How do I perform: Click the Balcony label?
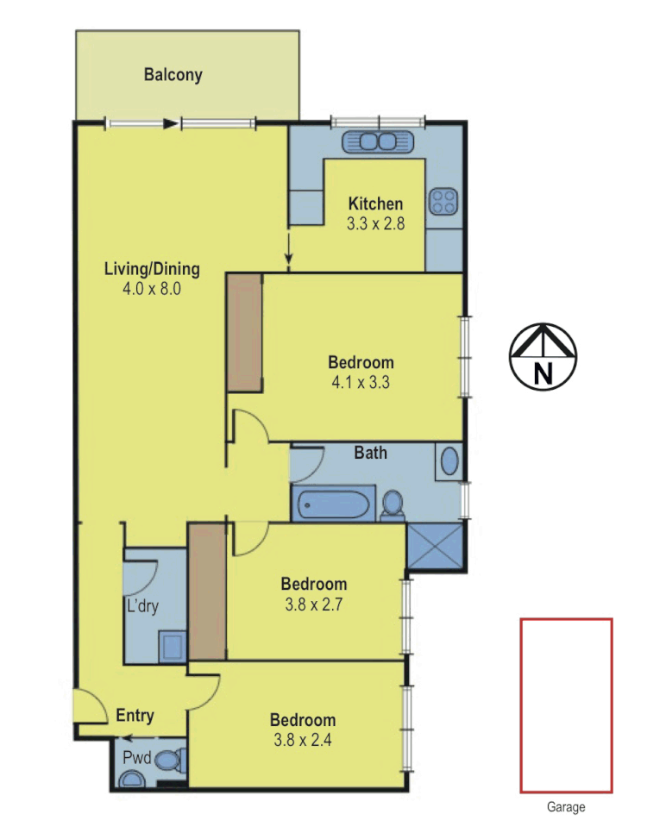click(x=173, y=75)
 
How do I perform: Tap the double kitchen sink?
click(x=380, y=141)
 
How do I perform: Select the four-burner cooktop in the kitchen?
click(x=443, y=202)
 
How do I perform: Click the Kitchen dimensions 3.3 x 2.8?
click(x=375, y=223)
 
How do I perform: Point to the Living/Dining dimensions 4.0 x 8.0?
click(x=152, y=289)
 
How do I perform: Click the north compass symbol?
click(x=543, y=355)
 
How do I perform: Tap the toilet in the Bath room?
click(x=393, y=504)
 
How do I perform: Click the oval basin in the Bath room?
click(x=449, y=461)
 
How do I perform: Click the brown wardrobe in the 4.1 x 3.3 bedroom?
click(x=243, y=332)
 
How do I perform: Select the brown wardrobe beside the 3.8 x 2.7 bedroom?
click(x=207, y=590)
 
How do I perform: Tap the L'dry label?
click(x=141, y=606)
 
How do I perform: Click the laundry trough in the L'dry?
click(x=172, y=644)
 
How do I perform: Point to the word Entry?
click(x=135, y=716)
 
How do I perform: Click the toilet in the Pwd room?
click(x=173, y=761)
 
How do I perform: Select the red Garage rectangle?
click(x=566, y=705)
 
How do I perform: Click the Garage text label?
click(x=566, y=808)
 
